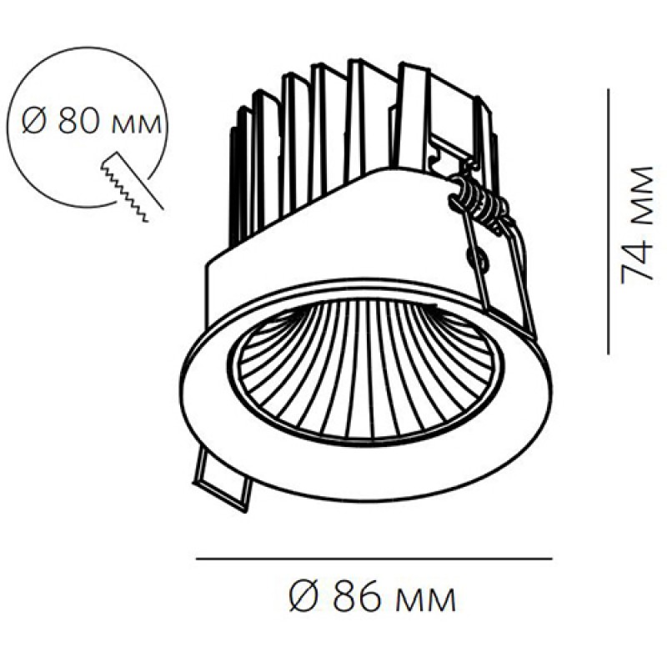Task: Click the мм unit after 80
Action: [x=136, y=124]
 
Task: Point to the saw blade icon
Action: [x=132, y=186]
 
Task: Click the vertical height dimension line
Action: [x=609, y=221]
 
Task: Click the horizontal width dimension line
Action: [x=374, y=559]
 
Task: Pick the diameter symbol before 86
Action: [x=303, y=597]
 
